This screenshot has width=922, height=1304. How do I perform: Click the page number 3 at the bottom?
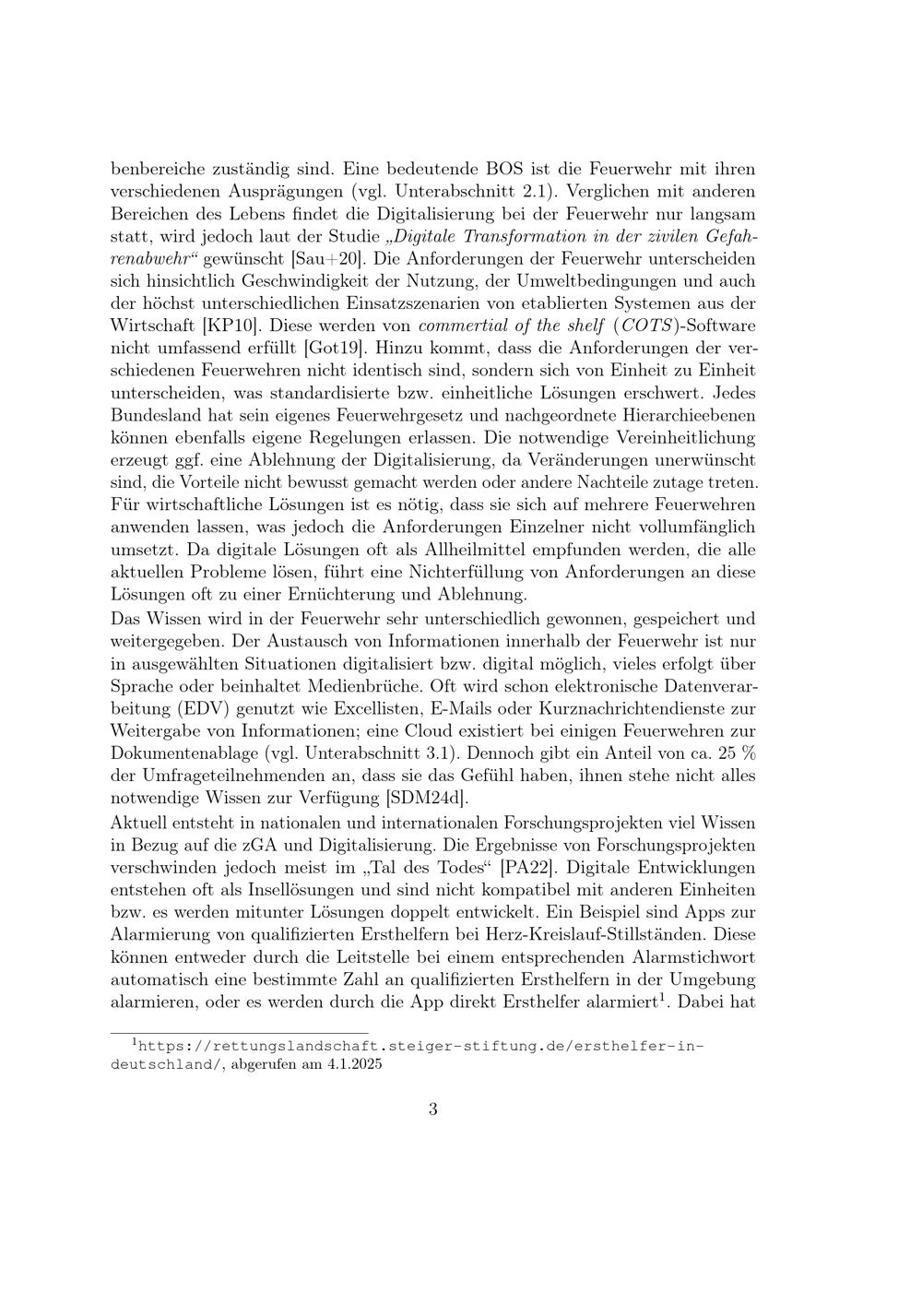432,1108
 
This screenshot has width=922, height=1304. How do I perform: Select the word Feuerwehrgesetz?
378,415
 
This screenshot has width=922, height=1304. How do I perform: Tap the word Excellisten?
377,708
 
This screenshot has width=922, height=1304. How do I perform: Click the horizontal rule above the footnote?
240,1033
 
